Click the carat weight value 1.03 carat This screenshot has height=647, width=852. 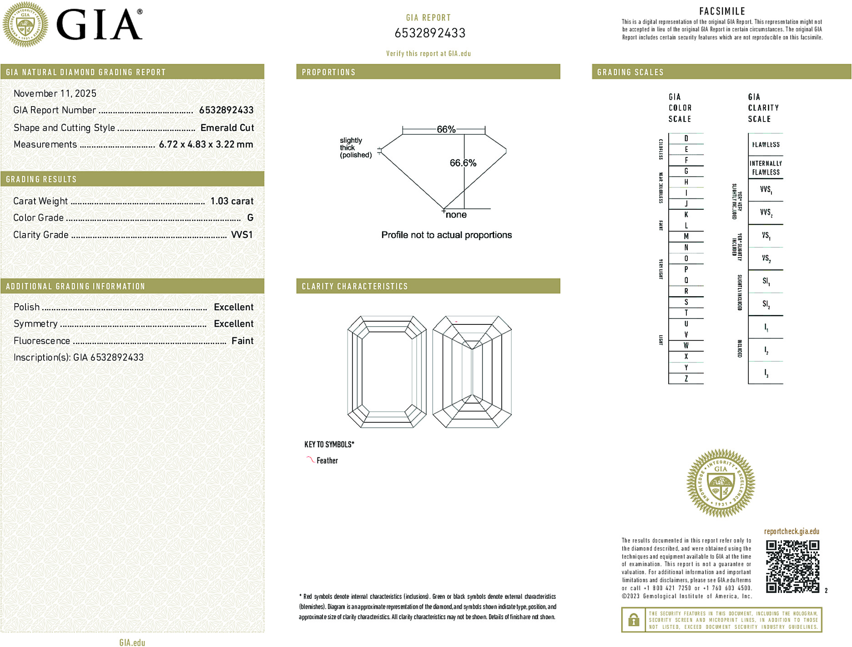(x=232, y=201)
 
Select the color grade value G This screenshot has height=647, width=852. (x=250, y=218)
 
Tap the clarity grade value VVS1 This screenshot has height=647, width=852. (x=242, y=235)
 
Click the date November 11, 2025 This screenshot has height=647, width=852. (x=55, y=94)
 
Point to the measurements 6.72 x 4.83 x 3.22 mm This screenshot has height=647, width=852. (x=206, y=145)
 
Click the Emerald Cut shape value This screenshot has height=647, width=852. (x=227, y=128)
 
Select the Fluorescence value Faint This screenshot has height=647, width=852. (x=242, y=341)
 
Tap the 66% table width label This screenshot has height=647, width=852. (x=446, y=129)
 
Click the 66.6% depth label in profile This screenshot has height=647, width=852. (x=463, y=163)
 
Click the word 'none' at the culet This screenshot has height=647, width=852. (x=456, y=215)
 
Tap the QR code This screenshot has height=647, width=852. (x=792, y=566)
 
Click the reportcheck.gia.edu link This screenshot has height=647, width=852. (x=792, y=531)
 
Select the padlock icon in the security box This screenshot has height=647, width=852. (x=633, y=620)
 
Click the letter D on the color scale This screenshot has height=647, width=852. (x=686, y=138)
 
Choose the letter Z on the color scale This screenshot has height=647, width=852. (x=686, y=379)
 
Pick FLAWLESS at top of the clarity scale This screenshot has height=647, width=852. (x=766, y=145)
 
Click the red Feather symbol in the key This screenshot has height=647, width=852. (x=310, y=460)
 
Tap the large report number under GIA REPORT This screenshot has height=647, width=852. (x=430, y=33)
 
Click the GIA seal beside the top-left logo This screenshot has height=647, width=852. (x=25, y=25)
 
